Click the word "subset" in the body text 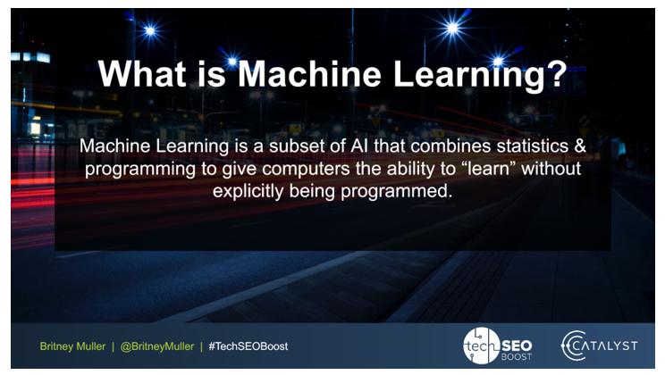274,146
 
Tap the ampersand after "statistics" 576,146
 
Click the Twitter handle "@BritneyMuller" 156,346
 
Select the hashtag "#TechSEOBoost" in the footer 248,346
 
